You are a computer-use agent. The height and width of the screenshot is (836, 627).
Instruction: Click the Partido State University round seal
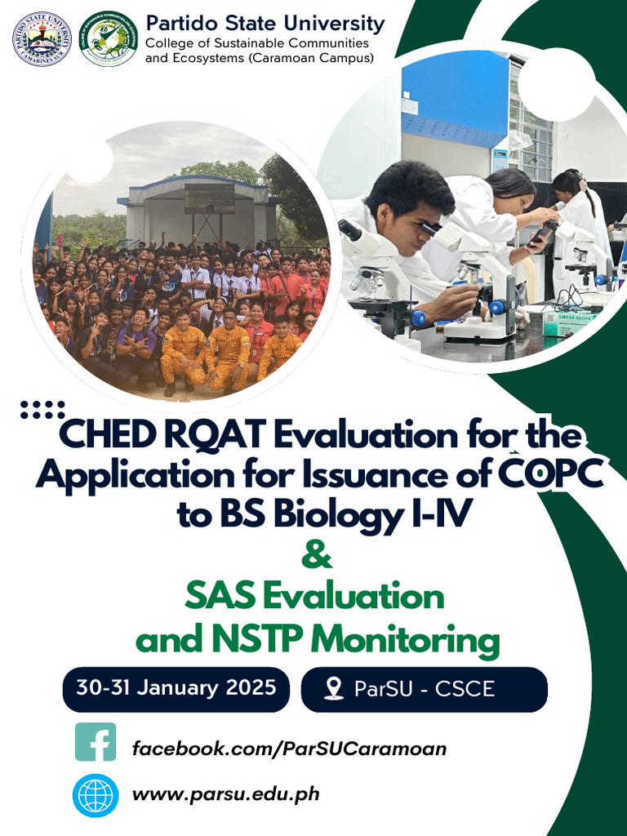click(x=42, y=38)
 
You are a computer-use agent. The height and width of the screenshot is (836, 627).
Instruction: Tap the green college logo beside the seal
click(x=109, y=38)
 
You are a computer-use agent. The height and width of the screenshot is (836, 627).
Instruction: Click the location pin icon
click(x=333, y=688)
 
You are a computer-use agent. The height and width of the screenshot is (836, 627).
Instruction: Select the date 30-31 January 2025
click(x=176, y=687)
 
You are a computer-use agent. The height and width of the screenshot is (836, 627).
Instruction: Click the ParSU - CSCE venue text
click(x=425, y=688)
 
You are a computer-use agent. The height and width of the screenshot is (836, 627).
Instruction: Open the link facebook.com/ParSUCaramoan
click(x=289, y=748)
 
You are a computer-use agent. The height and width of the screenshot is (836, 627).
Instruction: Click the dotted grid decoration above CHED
click(x=42, y=410)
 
